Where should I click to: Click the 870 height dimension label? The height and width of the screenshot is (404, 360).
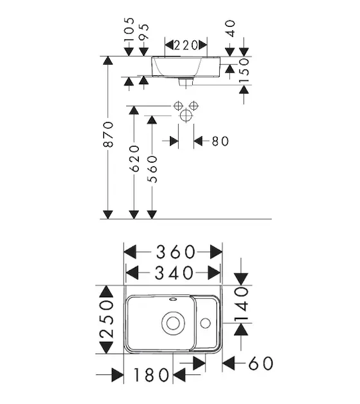[x=108, y=134]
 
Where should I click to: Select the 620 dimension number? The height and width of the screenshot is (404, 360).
[x=134, y=159]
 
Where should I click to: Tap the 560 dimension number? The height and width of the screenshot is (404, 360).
[x=152, y=169]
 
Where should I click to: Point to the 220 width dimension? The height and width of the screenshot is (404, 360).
[x=186, y=45]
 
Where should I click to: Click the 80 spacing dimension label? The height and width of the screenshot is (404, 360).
[x=220, y=141]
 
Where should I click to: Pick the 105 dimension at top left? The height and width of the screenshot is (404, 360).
[x=129, y=29]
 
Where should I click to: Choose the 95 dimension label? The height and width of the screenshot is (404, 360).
[x=144, y=32]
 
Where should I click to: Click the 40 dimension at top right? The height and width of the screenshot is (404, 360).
[x=231, y=28]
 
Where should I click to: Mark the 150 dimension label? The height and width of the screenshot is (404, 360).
[x=244, y=71]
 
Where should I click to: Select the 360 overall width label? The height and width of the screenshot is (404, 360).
[x=175, y=252]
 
